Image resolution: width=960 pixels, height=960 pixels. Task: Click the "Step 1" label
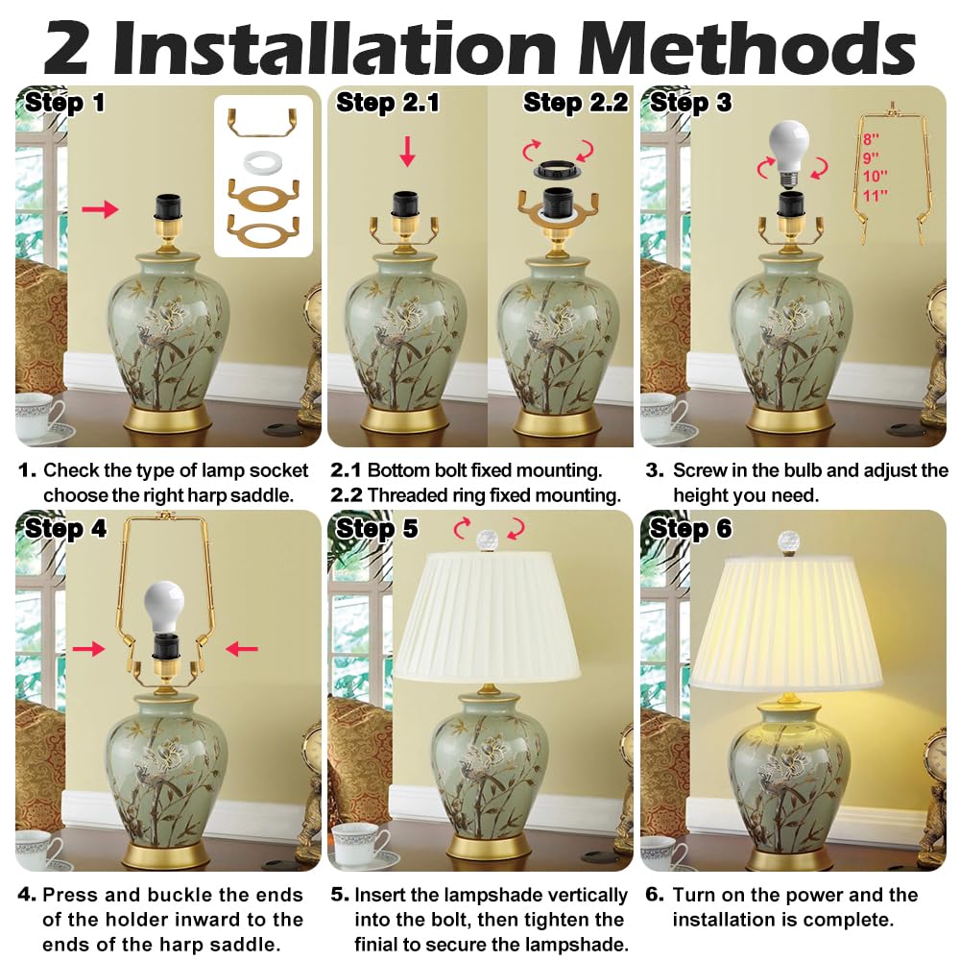click(64, 103)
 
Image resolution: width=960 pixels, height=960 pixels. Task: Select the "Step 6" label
click(691, 528)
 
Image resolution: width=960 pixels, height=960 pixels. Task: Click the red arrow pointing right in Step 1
click(101, 208)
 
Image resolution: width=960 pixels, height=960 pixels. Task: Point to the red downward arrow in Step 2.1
click(407, 152)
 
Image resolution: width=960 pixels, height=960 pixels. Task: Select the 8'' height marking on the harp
click(871, 140)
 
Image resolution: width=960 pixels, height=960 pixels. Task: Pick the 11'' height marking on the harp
click(875, 195)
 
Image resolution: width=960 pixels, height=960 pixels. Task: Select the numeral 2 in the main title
click(67, 47)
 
